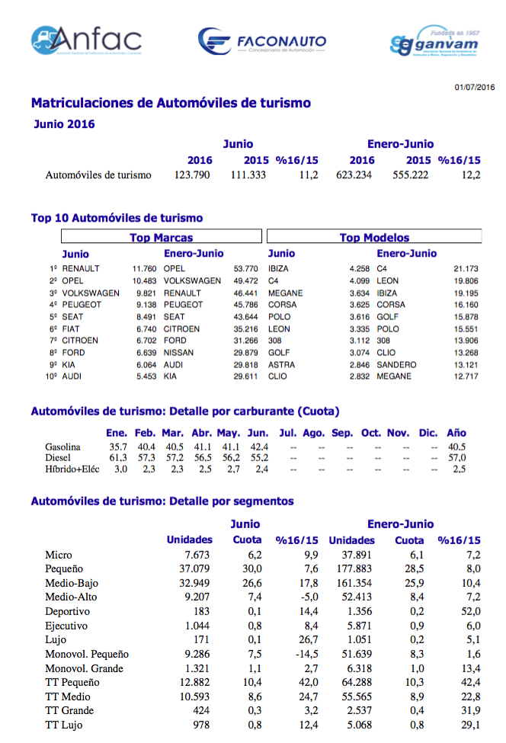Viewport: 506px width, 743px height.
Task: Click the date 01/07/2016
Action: coord(475,88)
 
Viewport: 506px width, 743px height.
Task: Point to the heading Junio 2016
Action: coord(64,123)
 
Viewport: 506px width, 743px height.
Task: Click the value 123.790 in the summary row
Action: coord(194,175)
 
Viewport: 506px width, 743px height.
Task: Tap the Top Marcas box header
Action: coord(161,238)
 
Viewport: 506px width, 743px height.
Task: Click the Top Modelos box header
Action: coord(374,238)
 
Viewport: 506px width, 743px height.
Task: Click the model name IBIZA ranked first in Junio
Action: coord(279,269)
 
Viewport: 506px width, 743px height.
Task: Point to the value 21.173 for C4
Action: coord(466,269)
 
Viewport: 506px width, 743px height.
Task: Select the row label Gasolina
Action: coord(63,447)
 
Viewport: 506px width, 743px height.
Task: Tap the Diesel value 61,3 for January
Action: coord(117,458)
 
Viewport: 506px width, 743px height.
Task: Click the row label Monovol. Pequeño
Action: coord(87,654)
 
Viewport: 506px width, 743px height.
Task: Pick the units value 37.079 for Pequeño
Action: coord(197,569)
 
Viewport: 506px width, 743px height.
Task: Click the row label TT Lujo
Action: coord(63,725)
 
